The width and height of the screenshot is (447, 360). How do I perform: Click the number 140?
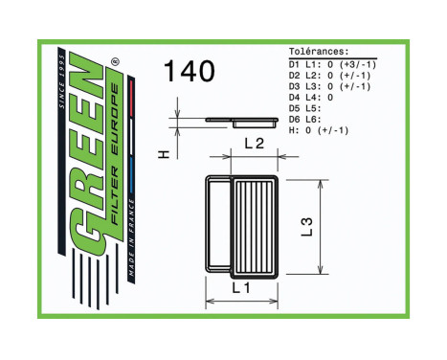(189, 72)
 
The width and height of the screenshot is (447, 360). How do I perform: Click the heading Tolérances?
(319, 53)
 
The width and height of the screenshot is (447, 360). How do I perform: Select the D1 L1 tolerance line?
(331, 63)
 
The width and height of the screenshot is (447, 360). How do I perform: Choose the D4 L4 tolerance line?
(311, 97)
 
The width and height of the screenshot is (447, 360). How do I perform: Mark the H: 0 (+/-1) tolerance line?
(319, 130)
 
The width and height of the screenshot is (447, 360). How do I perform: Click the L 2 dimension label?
(255, 145)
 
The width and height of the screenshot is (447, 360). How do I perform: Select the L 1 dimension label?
(241, 287)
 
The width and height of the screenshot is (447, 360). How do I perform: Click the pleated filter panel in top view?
(254, 226)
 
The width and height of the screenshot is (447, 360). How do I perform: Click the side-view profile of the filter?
(237, 122)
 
